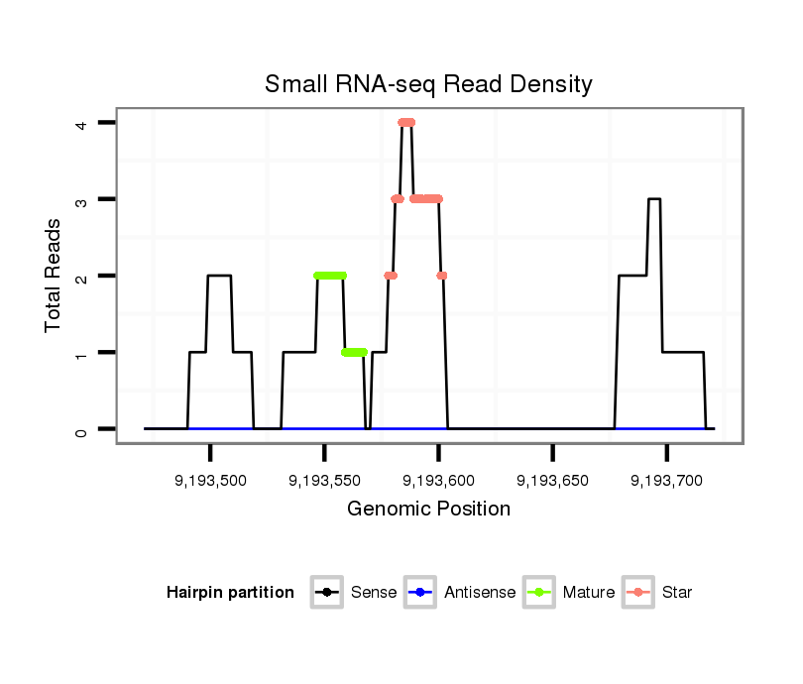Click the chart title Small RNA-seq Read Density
coord(428,84)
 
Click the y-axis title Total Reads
coord(54,276)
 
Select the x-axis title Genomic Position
coord(428,510)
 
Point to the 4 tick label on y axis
coord(83,123)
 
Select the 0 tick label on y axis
coord(83,429)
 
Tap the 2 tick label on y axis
coord(83,276)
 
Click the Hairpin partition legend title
coord(230,593)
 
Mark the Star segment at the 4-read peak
coord(406,123)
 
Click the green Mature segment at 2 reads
coord(330,276)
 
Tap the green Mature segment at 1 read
coord(354,352)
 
